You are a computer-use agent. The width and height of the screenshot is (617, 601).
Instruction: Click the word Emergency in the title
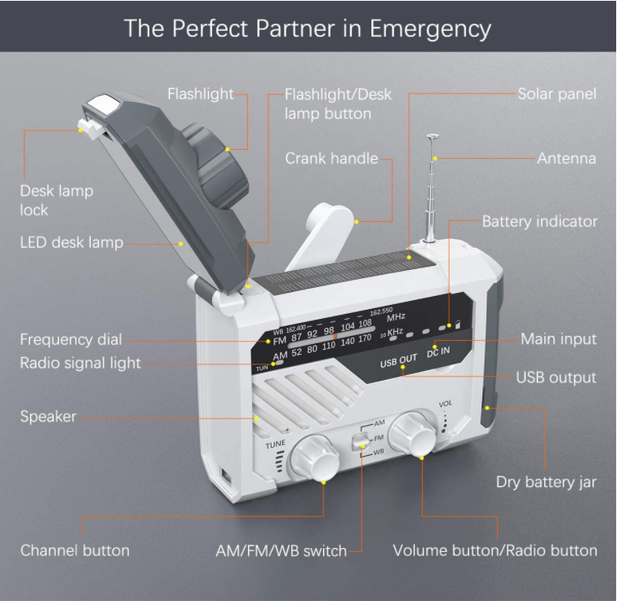(x=430, y=29)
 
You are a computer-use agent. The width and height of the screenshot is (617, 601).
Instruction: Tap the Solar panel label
(x=557, y=94)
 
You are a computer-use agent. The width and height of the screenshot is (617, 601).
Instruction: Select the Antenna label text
(x=566, y=158)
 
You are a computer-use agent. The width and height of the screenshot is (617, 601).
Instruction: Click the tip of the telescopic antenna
(x=433, y=136)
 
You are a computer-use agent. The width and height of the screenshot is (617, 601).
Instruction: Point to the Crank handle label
(x=331, y=158)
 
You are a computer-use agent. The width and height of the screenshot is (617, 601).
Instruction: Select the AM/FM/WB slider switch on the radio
(x=362, y=440)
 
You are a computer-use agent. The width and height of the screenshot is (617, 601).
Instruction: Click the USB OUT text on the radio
(x=398, y=360)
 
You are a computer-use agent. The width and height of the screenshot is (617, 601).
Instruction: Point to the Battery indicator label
(x=539, y=222)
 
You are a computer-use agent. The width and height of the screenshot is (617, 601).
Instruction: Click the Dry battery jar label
(x=546, y=482)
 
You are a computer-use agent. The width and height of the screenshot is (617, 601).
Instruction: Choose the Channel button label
(x=75, y=550)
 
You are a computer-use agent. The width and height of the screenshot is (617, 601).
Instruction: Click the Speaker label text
(x=48, y=417)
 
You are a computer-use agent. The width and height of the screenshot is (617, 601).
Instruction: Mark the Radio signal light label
(x=80, y=363)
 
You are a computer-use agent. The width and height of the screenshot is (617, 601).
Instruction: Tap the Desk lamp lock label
(x=56, y=200)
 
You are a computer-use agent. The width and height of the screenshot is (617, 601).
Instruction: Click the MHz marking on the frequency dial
(x=396, y=317)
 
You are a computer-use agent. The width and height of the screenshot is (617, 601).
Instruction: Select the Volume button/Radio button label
(x=495, y=550)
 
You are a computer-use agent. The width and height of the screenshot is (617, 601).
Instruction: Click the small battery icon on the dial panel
(x=458, y=325)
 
